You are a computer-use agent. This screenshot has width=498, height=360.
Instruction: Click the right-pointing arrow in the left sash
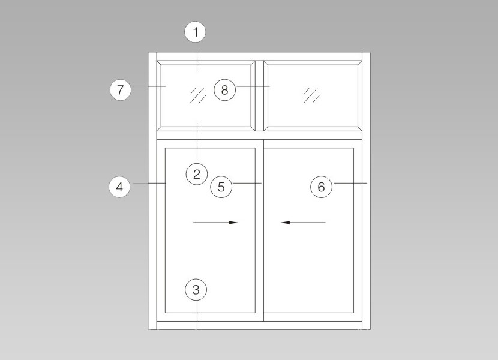coord(215,223)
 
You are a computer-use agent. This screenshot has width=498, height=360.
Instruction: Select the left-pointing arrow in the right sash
coord(303,223)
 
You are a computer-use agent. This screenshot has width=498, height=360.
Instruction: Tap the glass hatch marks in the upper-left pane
coord(198,95)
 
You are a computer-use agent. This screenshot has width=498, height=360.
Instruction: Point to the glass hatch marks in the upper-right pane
coord(311,95)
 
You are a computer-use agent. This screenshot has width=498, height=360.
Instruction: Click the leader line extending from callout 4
coord(149,184)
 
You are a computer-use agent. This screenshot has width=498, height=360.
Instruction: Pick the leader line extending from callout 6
coord(350,184)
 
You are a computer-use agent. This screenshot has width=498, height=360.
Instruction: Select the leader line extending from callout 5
coord(247,184)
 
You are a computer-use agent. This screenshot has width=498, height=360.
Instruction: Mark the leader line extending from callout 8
coord(253,86)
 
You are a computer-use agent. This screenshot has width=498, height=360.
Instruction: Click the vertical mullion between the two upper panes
coord(259,96)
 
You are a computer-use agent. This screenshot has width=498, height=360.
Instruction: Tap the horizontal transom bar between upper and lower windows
coord(259,136)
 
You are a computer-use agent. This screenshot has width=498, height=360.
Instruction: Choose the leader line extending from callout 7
coord(157,86)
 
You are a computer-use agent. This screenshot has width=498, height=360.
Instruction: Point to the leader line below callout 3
coord(197,314)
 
